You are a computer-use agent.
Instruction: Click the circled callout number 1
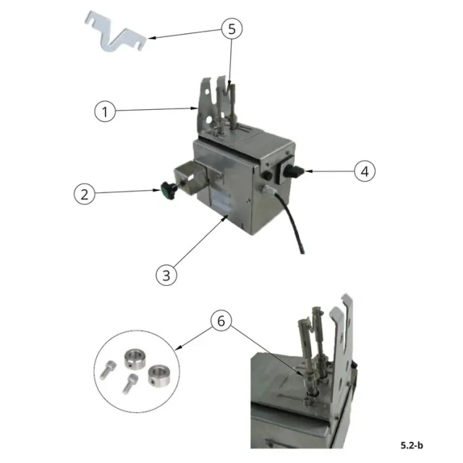coord(105,111)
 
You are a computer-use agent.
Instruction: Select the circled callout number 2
coord(85,195)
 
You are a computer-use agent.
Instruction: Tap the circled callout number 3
coord(166,275)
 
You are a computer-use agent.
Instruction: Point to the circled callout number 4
coord(365,171)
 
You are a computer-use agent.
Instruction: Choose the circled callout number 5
coord(231,29)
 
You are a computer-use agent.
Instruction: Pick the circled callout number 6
coord(221,321)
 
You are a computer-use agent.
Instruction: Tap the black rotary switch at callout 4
coord(292,171)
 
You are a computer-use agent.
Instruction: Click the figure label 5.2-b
coord(412,445)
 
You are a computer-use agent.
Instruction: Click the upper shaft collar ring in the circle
coord(135,359)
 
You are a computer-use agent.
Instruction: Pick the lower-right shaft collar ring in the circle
coord(159,375)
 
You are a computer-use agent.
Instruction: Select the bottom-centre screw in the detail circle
coord(129,383)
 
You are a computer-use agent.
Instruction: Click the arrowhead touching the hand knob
coord(157,190)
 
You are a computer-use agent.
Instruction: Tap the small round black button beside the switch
coord(267,175)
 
